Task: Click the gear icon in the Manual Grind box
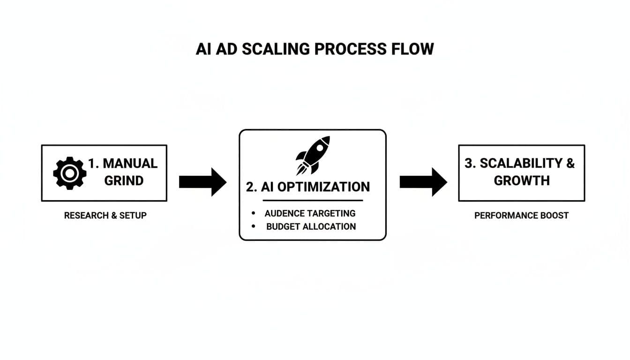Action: (70, 173)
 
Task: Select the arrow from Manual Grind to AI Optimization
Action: (202, 182)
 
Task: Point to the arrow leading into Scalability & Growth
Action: (423, 182)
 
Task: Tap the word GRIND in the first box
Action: (124, 181)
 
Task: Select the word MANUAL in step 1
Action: (130, 163)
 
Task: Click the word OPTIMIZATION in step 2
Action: (323, 187)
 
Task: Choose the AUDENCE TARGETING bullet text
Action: (310, 213)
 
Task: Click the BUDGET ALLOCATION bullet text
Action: (311, 226)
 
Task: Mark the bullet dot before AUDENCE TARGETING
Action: (254, 213)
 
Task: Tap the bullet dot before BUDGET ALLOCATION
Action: (254, 226)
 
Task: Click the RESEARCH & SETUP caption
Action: (105, 216)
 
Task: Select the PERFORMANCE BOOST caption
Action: (521, 216)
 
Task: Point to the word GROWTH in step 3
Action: (521, 181)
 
